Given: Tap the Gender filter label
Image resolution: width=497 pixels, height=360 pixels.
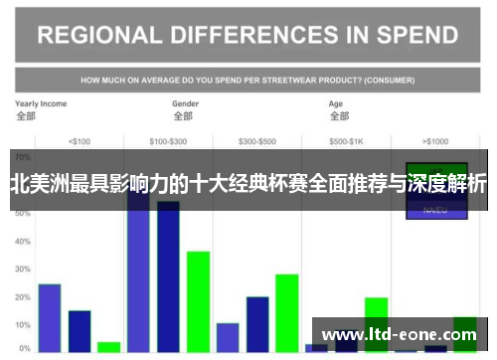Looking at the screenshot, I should (185, 103).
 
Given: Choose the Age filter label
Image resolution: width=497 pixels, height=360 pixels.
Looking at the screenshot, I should (336, 103).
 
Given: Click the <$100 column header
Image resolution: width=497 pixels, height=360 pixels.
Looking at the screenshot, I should (79, 140).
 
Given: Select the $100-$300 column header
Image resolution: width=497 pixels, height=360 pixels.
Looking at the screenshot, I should (168, 140).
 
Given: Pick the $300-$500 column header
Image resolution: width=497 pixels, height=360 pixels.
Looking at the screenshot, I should (257, 140).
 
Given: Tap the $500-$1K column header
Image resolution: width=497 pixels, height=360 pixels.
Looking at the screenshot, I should (347, 140).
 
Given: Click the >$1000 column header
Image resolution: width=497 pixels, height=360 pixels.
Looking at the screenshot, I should (435, 140).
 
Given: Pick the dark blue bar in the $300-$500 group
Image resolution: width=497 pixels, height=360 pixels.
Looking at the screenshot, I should (257, 324).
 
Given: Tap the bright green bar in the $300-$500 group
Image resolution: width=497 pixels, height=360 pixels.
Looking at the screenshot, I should (287, 312).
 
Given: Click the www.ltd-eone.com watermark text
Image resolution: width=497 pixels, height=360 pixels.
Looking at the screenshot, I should (399, 334).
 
